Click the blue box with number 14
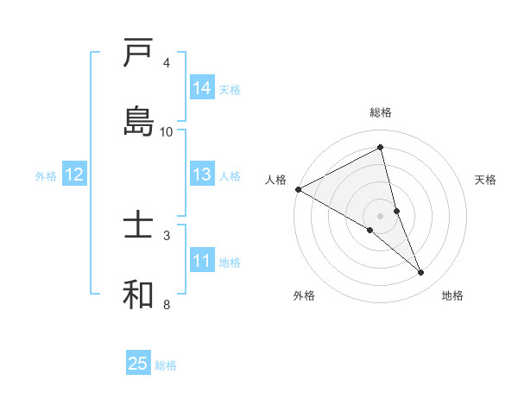coord(202,88)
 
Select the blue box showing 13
coord(202,174)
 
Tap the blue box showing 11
coord(202,261)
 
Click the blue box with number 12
coord(74,174)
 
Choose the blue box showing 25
coord(138,364)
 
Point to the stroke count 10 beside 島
coord(167,131)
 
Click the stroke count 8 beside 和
coord(167,304)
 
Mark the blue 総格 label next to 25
coord(166,365)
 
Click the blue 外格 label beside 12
coord(46,176)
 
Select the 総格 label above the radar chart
coord(381,112)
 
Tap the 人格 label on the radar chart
coord(275,180)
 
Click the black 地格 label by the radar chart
coord(452,295)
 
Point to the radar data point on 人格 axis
coord(298,188)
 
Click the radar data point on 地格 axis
coord(421,273)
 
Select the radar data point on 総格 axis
coord(381,147)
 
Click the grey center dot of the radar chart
coord(381,215)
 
